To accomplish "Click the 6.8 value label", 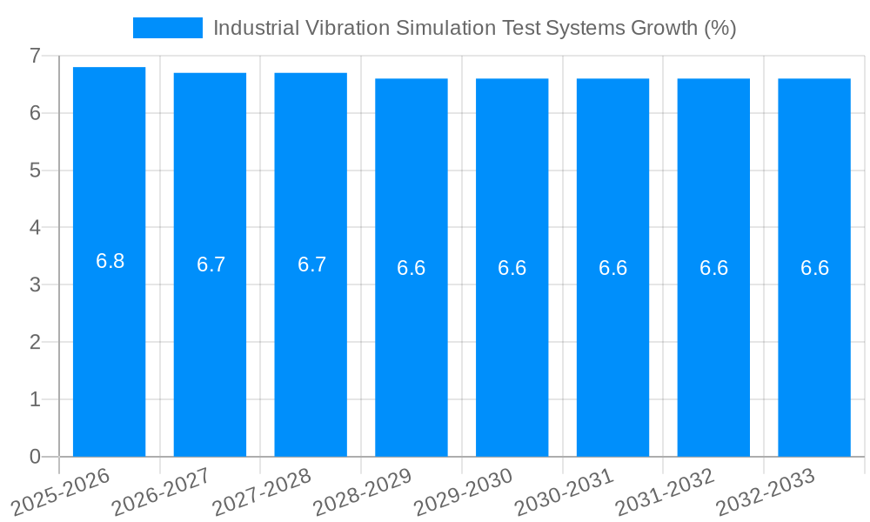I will pos(110,261).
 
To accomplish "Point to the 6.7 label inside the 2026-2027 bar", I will pos(211,264).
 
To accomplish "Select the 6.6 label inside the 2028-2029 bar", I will pos(412,268).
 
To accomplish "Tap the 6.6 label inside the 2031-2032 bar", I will pos(713,268).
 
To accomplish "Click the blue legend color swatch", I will pos(167,28).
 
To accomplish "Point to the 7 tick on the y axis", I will pos(35,56).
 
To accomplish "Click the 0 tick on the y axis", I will pos(35,457).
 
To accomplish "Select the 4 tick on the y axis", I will pos(35,228).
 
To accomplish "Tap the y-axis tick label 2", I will pos(35,342).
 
